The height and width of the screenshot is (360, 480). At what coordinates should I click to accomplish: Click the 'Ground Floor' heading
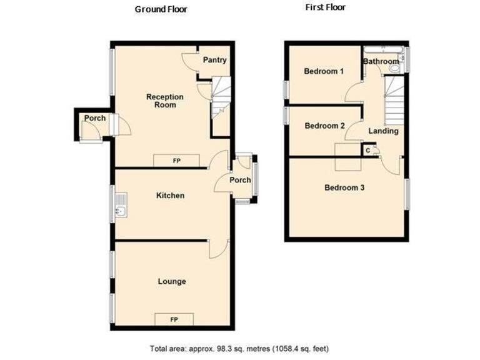tap(161, 9)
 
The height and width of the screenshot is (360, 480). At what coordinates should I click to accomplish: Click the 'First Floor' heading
tap(325, 7)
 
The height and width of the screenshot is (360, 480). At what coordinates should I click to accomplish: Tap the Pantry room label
tap(214, 60)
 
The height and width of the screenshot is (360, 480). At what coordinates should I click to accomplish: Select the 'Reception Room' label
tap(165, 101)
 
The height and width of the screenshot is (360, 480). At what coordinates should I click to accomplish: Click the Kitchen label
tap(170, 196)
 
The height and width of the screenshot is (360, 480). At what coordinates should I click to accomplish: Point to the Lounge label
tap(171, 281)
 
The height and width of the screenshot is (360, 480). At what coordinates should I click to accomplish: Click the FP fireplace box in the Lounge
tap(174, 319)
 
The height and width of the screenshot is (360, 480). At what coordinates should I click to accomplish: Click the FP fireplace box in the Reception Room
tap(176, 161)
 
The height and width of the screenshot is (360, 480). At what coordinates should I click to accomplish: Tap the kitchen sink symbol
tap(121, 206)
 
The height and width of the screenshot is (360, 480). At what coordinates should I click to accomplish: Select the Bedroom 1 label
tap(324, 71)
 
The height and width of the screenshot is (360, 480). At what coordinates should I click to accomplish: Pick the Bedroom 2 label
tap(324, 126)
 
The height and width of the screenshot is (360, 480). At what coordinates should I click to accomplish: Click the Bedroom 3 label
tap(344, 187)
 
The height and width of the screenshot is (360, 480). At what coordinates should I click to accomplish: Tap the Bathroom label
tap(381, 61)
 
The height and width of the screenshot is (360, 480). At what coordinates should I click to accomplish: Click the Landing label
tap(383, 131)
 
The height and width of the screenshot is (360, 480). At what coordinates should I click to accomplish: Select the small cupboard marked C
tap(368, 151)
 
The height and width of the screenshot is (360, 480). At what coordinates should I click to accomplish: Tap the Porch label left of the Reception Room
tap(95, 119)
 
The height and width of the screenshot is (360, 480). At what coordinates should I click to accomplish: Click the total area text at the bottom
tap(239, 348)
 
